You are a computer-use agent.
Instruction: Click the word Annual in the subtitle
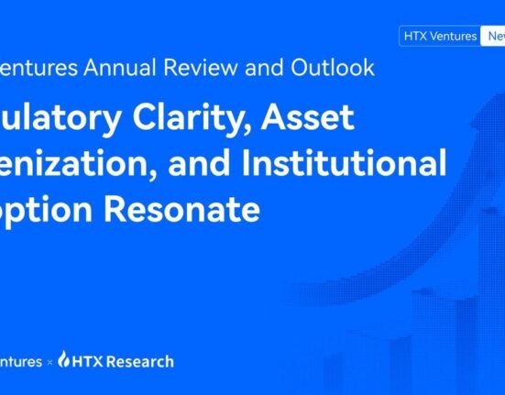click(x=110, y=67)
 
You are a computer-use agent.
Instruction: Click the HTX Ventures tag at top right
click(x=439, y=37)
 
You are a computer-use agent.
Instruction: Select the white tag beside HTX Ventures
click(x=493, y=37)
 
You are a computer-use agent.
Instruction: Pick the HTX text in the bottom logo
click(x=88, y=361)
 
